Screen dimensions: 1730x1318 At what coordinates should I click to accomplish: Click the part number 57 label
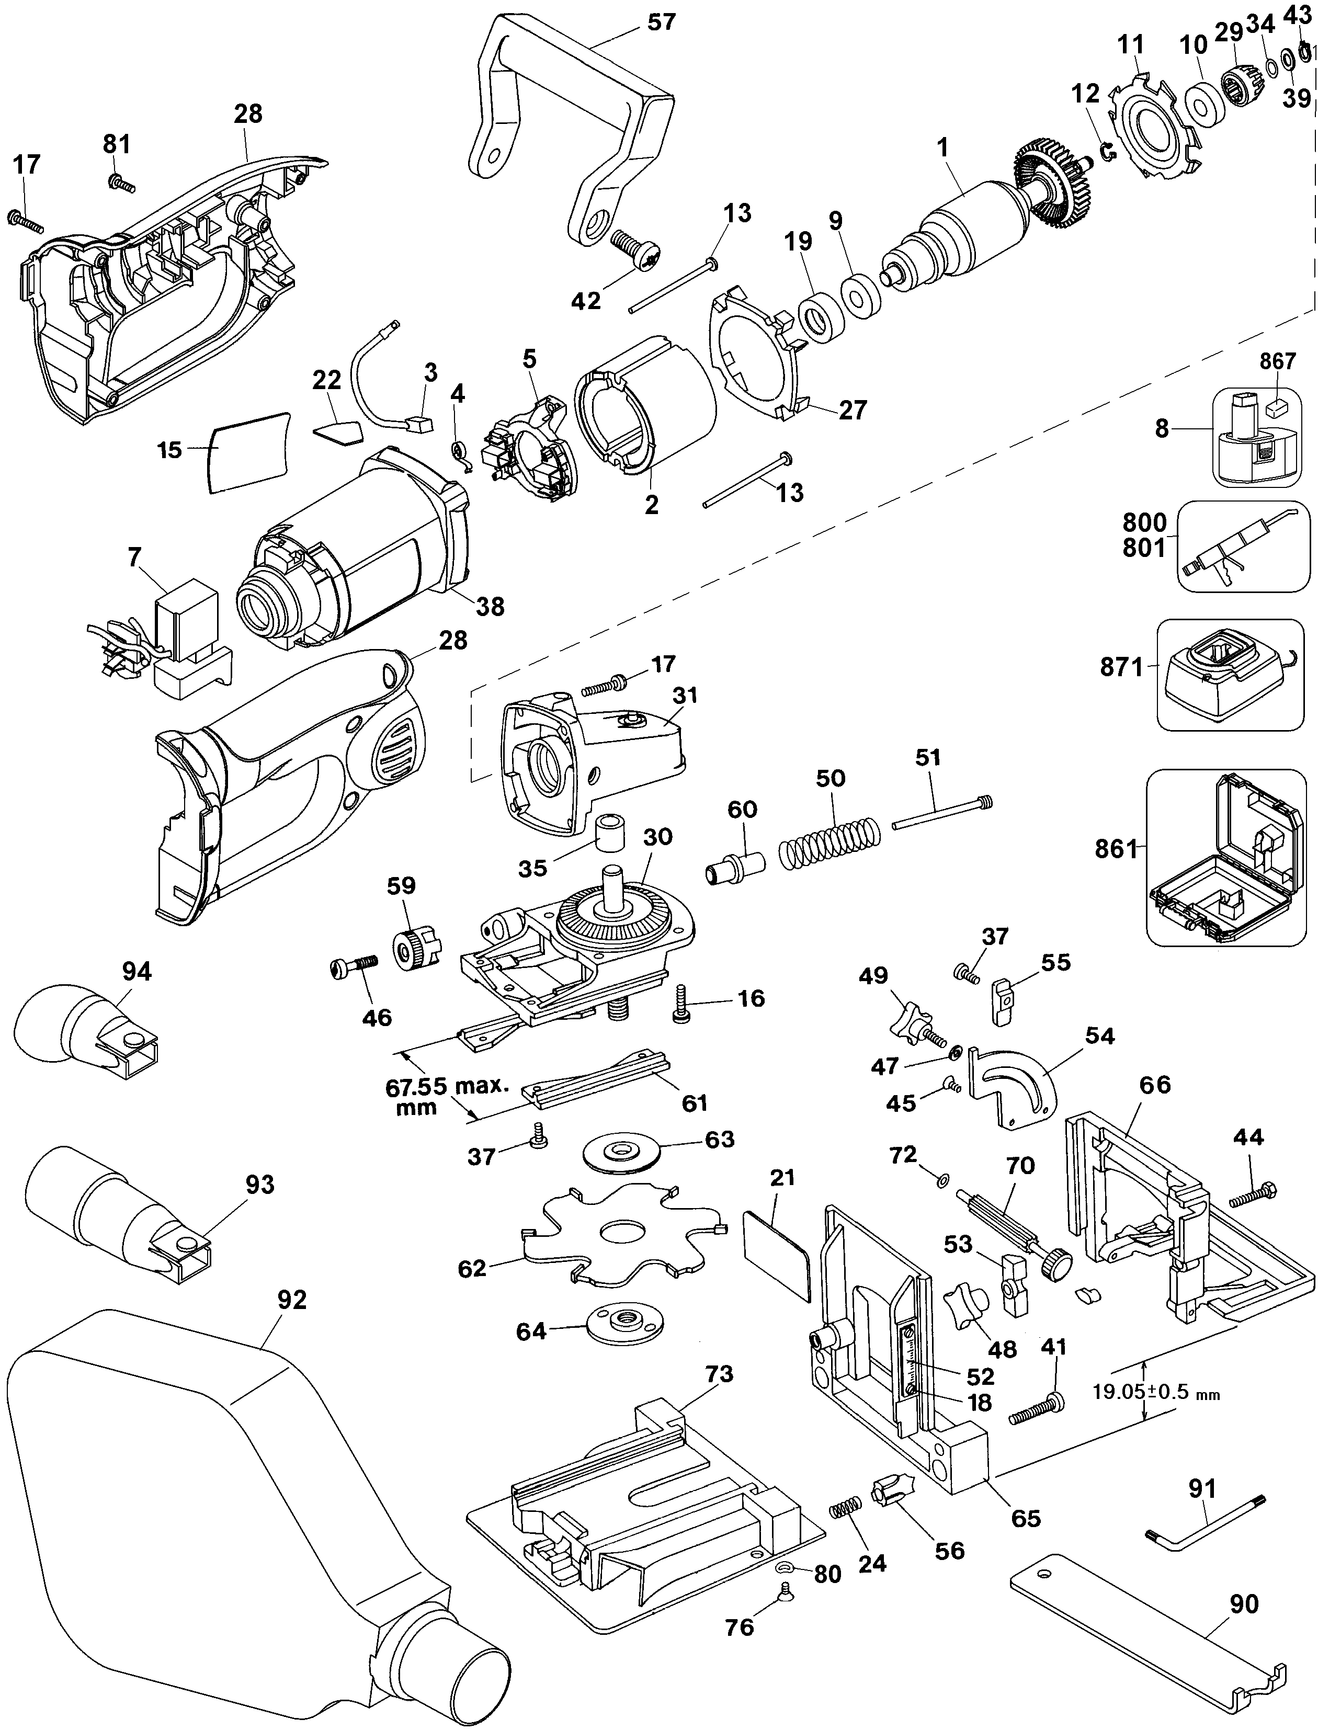click(661, 21)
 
